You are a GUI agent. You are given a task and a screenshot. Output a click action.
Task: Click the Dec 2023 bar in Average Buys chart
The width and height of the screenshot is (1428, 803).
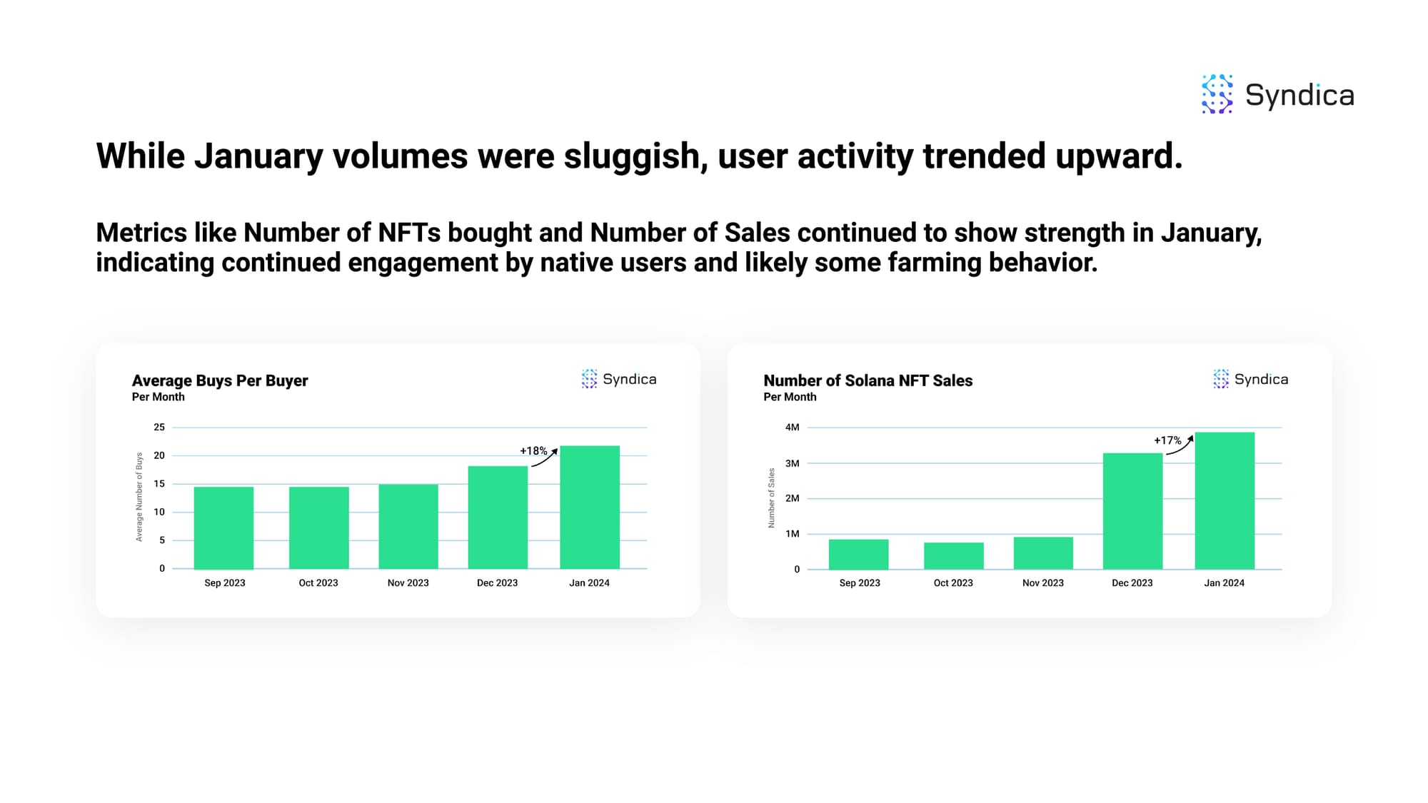(498, 517)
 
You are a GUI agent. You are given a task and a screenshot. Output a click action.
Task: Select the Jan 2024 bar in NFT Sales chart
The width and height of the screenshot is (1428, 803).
(1225, 500)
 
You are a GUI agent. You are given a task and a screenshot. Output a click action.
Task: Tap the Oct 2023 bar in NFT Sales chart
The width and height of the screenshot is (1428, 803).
(953, 556)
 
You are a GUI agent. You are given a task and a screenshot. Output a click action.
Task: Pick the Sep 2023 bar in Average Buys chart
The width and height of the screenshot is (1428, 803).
(223, 527)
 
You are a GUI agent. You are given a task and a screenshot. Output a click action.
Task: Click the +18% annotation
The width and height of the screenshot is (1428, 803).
(533, 451)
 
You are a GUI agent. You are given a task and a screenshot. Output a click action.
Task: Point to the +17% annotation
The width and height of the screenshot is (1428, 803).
(1167, 440)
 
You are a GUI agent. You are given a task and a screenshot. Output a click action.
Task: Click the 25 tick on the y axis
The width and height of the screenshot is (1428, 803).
(159, 428)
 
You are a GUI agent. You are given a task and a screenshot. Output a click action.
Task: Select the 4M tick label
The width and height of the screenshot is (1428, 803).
(792, 428)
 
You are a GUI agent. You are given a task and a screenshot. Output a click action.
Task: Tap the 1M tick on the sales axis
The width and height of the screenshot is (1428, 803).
(792, 534)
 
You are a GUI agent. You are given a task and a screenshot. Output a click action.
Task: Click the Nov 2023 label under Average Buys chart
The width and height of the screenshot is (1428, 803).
(408, 583)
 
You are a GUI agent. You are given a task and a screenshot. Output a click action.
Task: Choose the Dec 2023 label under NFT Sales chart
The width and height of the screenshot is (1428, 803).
(1132, 583)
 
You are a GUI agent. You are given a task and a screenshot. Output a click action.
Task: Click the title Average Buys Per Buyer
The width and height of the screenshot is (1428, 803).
(220, 380)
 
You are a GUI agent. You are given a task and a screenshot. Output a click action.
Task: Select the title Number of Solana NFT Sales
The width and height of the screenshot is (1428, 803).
(868, 380)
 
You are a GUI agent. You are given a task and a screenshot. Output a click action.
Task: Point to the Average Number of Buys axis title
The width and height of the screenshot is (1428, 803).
(139, 497)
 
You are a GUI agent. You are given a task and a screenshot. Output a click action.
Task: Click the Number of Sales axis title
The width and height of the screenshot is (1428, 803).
(771, 498)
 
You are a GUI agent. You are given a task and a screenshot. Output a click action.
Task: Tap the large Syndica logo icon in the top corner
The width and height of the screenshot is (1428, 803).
(1217, 94)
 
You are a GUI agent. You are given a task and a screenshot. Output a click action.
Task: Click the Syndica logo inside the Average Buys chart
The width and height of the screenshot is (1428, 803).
(619, 379)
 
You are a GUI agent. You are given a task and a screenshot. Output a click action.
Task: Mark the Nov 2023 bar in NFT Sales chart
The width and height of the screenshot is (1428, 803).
(1043, 553)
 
